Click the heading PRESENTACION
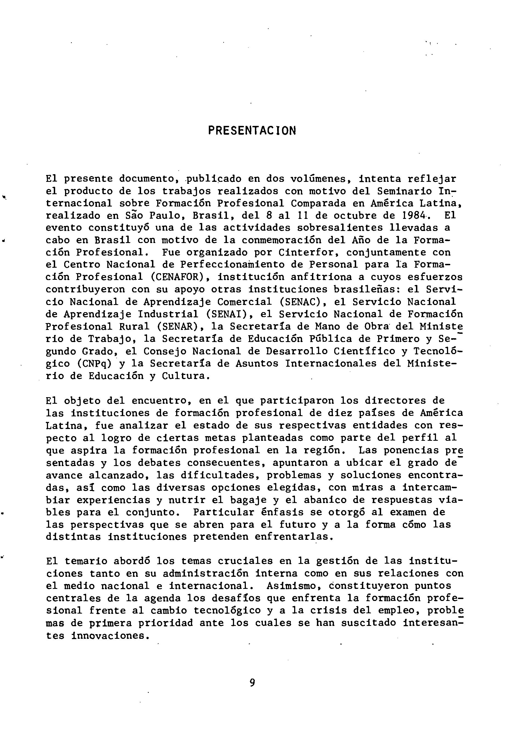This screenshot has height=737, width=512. [x=252, y=131]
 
